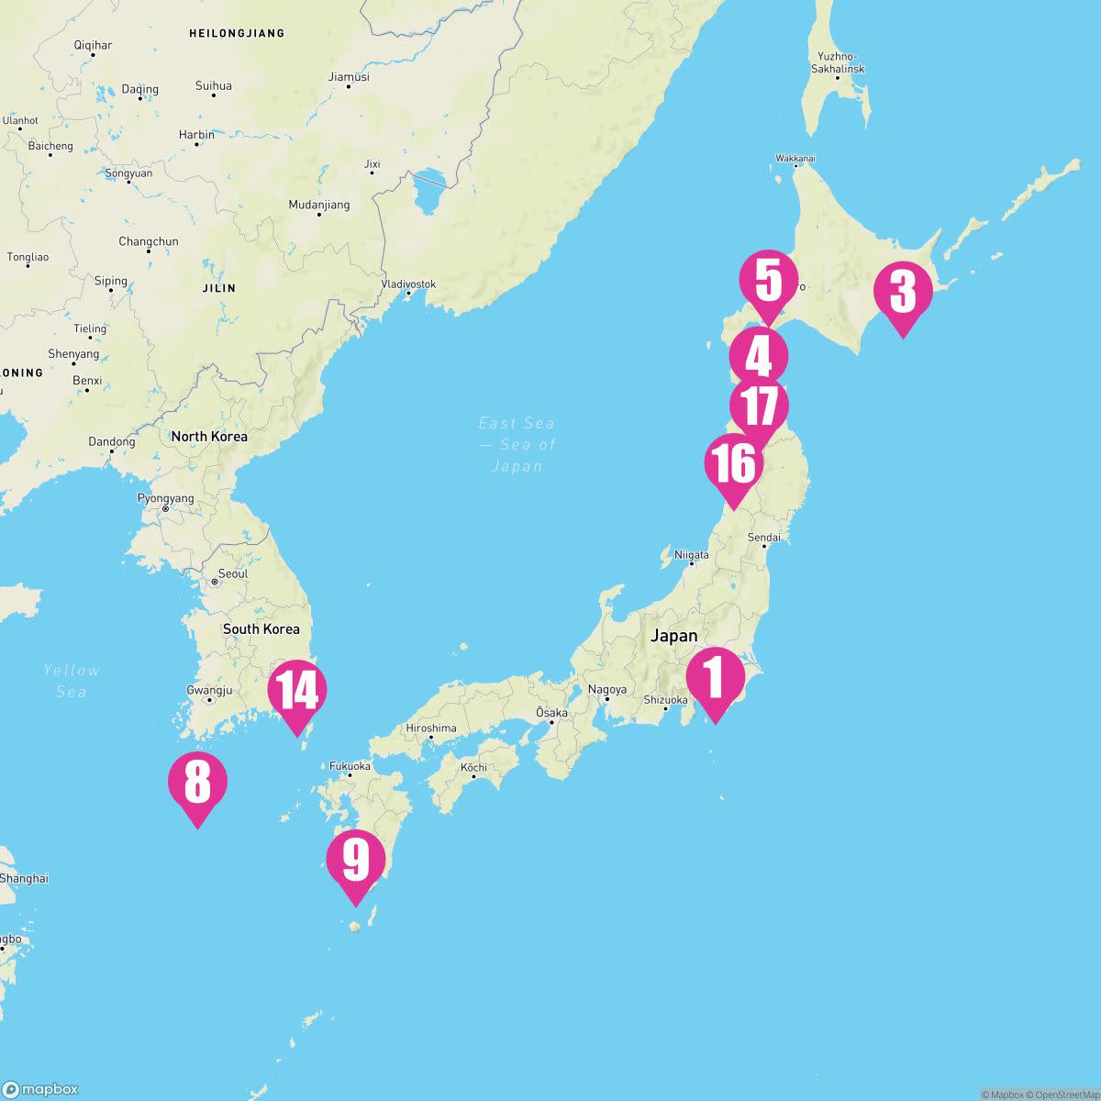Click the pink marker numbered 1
point(715,679)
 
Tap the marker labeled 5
point(769,281)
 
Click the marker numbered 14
point(296,690)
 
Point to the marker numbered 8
point(197,783)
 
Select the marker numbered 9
point(356,861)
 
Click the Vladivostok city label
point(408,284)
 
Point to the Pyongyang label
point(165,498)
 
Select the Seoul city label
point(233,573)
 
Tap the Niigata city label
point(692,555)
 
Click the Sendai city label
point(764,537)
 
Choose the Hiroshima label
point(431,728)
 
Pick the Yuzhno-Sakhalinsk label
point(838,62)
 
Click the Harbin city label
point(196,135)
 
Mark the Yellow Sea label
point(72,681)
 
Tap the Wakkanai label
point(795,159)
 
